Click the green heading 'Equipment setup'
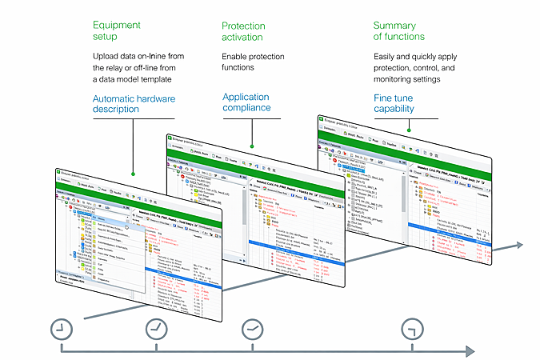point(117,30)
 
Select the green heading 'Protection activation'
point(243,30)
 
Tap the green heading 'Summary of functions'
point(398,30)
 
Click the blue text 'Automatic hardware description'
point(134,104)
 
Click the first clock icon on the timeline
point(61,328)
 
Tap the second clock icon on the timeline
point(156,328)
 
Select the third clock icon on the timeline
point(252,328)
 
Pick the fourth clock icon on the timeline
point(411,328)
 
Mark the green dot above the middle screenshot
point(251,146)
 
